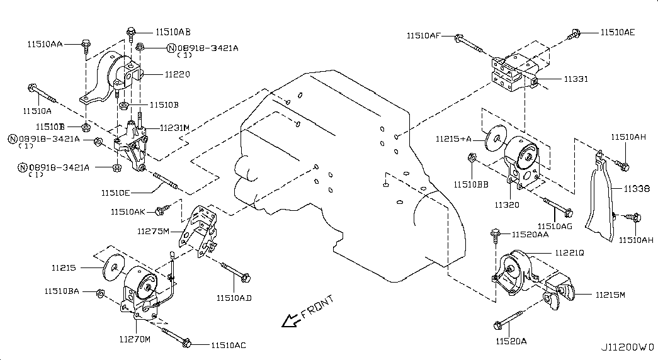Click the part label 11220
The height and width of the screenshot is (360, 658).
point(178,74)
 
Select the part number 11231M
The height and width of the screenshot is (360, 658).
point(174,128)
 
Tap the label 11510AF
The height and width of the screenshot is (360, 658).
point(423,36)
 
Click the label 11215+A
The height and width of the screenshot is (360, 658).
point(453,138)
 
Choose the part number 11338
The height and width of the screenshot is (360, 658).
point(637,188)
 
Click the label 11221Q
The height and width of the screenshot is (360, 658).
point(569,252)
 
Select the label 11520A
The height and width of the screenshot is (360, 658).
point(511,340)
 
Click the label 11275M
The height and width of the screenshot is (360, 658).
point(154,231)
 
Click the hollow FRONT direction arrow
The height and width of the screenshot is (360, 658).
point(290,321)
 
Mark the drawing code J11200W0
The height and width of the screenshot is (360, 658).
point(627,347)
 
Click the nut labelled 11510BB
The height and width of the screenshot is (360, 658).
point(472,166)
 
